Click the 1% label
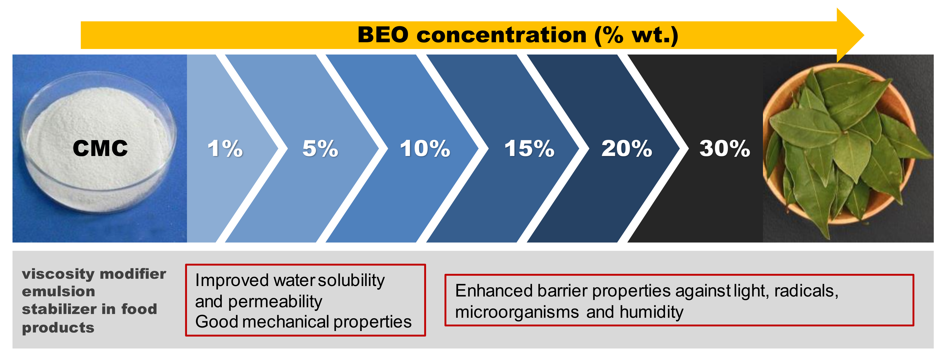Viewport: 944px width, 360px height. tap(225, 148)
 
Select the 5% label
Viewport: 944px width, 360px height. tap(320, 148)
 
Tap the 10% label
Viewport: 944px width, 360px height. tap(425, 148)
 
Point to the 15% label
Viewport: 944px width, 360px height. tap(529, 148)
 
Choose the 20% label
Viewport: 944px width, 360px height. tap(627, 148)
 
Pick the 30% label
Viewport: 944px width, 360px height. tap(724, 148)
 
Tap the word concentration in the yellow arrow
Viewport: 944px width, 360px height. tap(501, 35)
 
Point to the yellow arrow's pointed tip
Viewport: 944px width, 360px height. tap(864, 35)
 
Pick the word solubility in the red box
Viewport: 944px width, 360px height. tap(351, 280)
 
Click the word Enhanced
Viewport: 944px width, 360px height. tap(493, 291)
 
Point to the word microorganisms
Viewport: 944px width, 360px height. tap(517, 312)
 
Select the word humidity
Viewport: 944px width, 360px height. tap(651, 312)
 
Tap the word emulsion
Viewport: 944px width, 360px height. tap(58, 291)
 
